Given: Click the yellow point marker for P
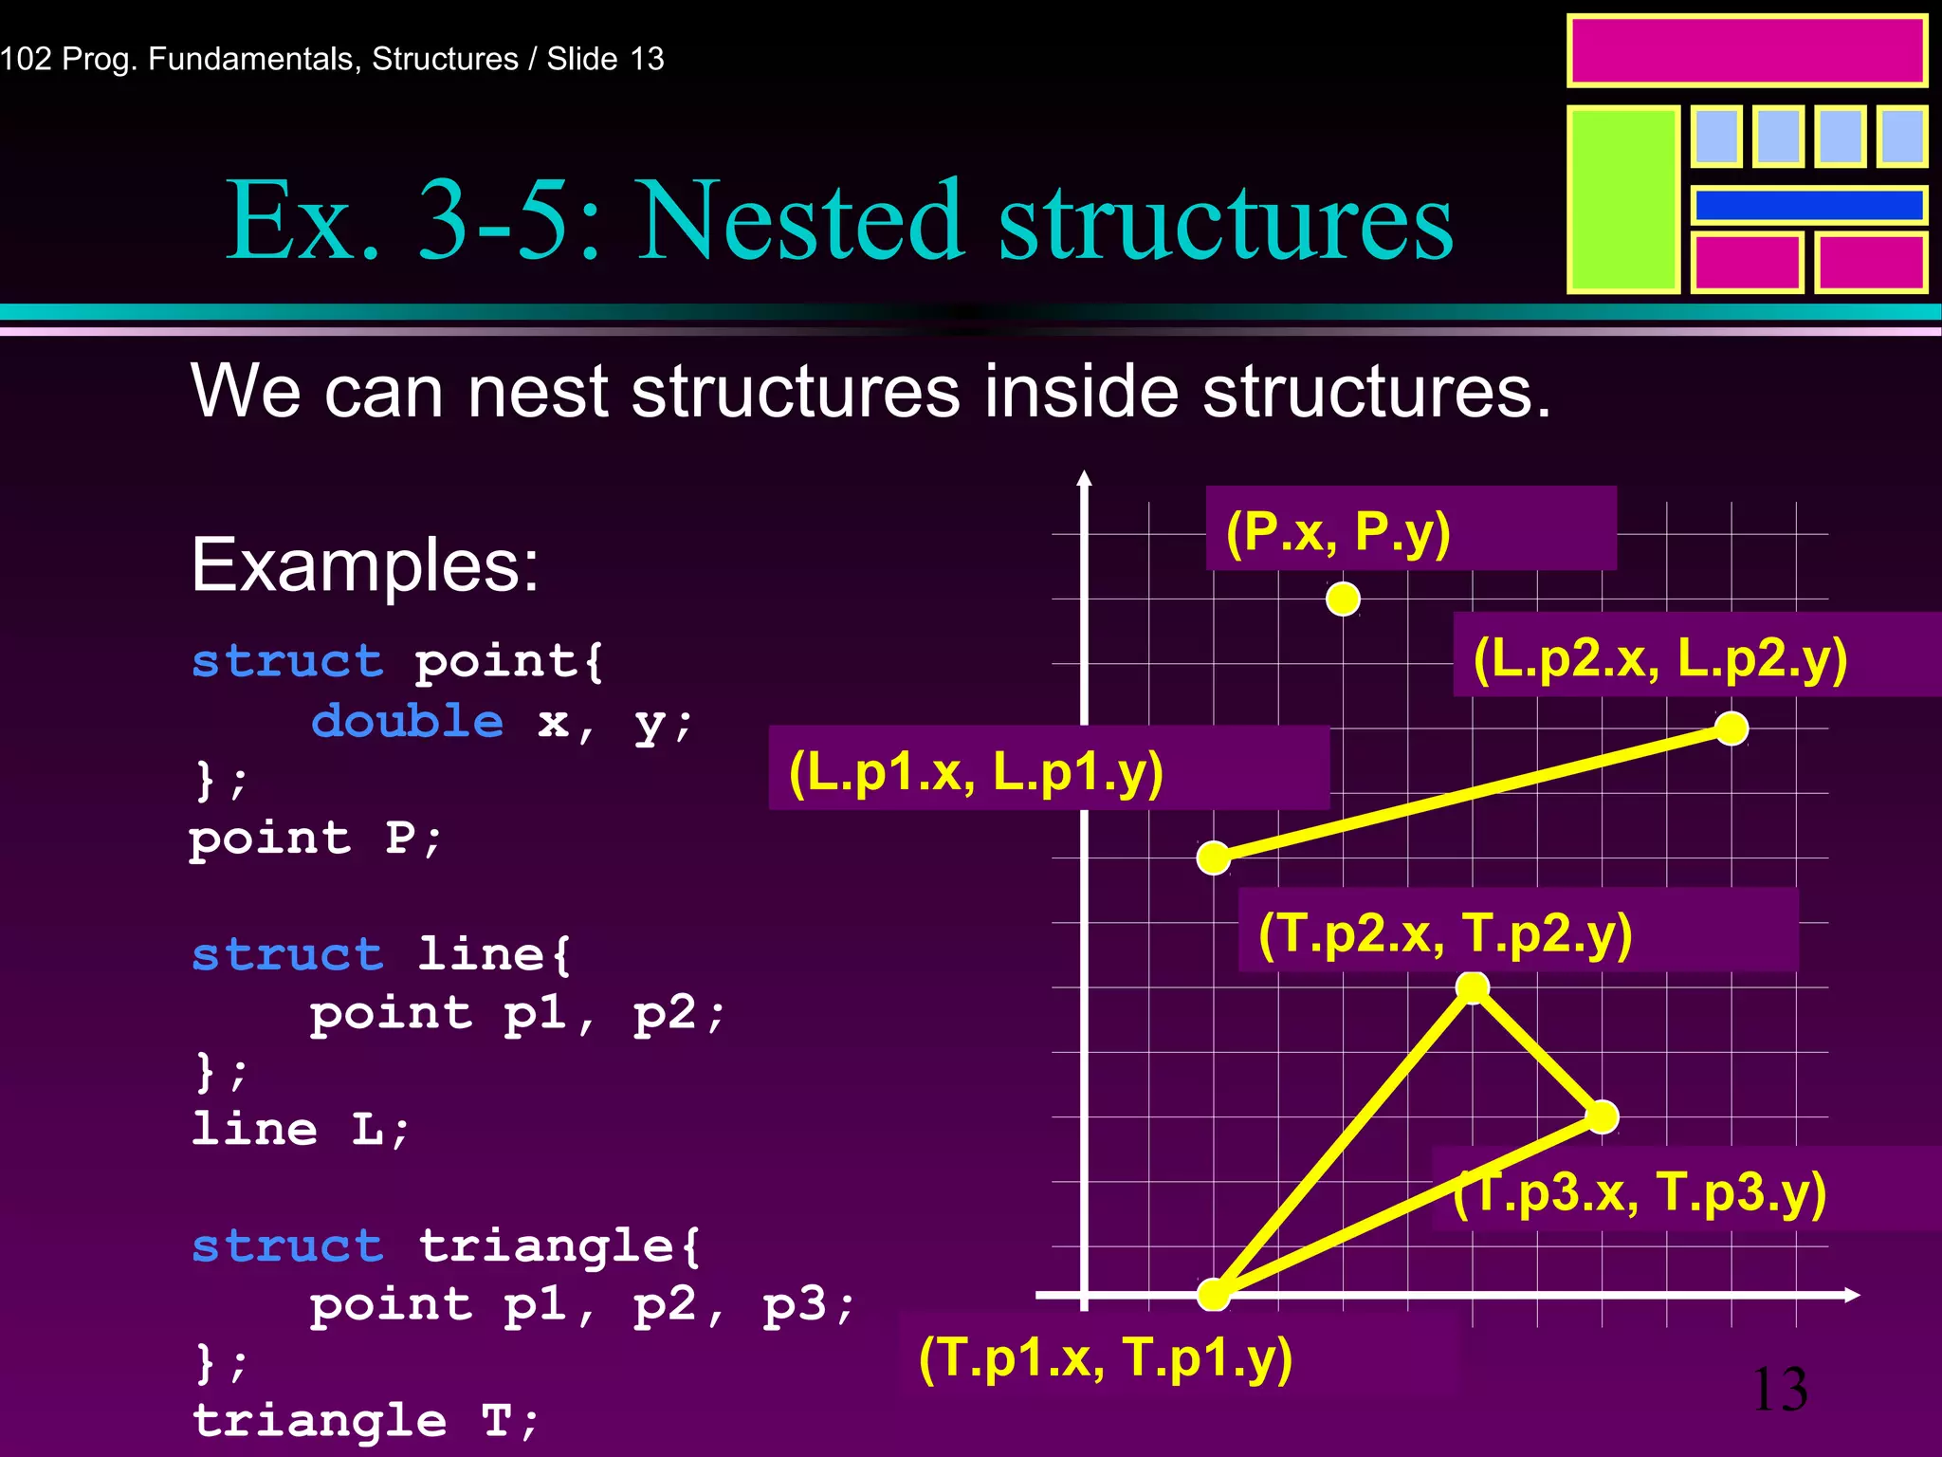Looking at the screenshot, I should [x=1343, y=599].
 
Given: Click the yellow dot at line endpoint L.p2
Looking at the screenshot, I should [x=1731, y=728].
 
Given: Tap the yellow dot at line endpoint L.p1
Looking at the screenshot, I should [x=1214, y=858].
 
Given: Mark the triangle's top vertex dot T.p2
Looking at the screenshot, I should [x=1473, y=987].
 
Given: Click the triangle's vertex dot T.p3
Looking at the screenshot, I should [x=1602, y=1116].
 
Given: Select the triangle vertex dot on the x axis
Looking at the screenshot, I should [x=1214, y=1294].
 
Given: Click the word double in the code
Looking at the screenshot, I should [x=408, y=722].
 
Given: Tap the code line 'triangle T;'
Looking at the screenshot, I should [x=366, y=1420].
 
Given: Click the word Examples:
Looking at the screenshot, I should [x=365, y=565].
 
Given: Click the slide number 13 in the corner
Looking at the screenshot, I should [x=1780, y=1390].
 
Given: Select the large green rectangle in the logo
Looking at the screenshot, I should [x=1623, y=199].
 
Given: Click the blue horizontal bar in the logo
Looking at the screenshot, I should [x=1808, y=205].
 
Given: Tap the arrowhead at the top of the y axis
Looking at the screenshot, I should [x=1085, y=478].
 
